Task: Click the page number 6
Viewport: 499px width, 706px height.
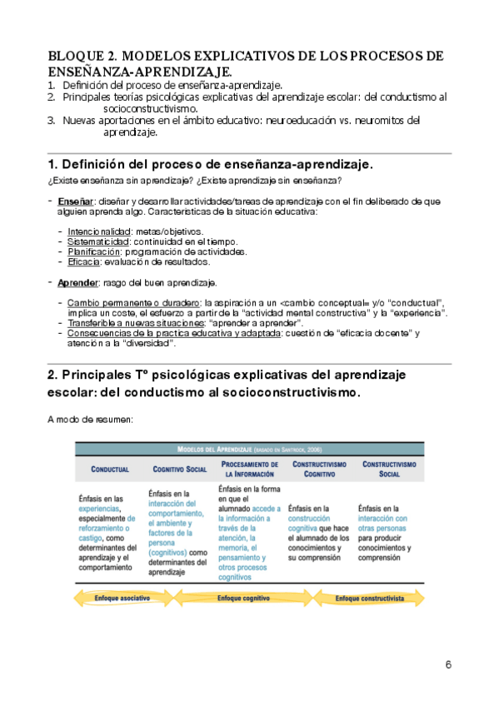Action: point(448,664)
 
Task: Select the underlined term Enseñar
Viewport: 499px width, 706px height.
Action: point(75,201)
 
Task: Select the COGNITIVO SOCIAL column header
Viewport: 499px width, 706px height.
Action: point(178,469)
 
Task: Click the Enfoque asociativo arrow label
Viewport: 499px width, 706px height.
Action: point(122,599)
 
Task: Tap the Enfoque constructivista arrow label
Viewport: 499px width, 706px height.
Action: point(370,599)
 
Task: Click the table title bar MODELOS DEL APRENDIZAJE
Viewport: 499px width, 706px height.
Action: point(250,449)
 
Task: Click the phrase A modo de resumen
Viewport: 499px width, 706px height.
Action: point(91,420)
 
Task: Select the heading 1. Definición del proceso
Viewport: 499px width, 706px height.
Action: point(211,164)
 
